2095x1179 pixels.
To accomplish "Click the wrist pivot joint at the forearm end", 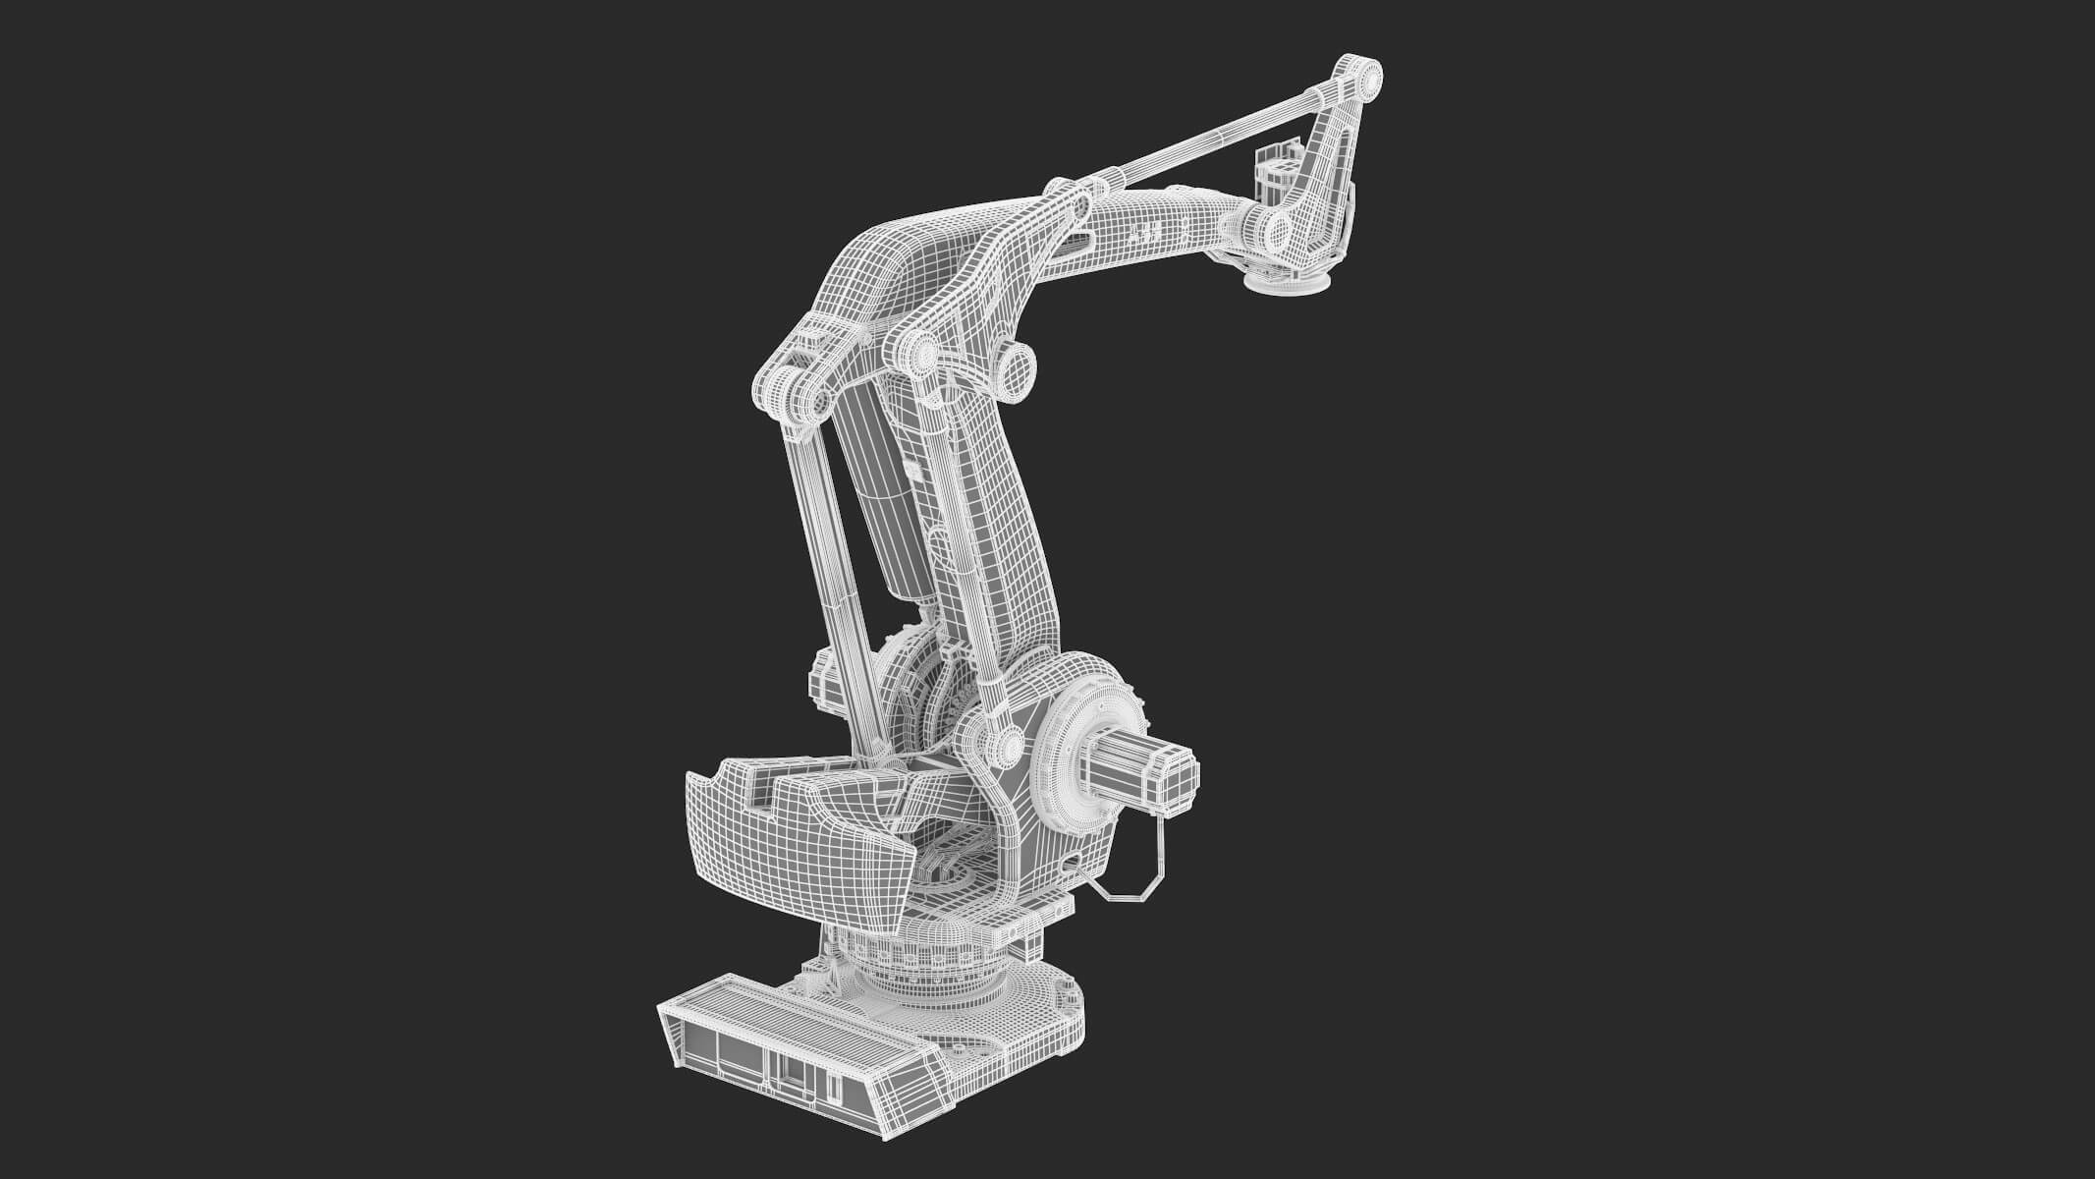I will tap(1280, 231).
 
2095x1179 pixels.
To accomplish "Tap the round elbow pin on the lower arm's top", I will tap(923, 354).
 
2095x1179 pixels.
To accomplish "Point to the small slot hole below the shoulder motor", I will tap(1072, 865).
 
